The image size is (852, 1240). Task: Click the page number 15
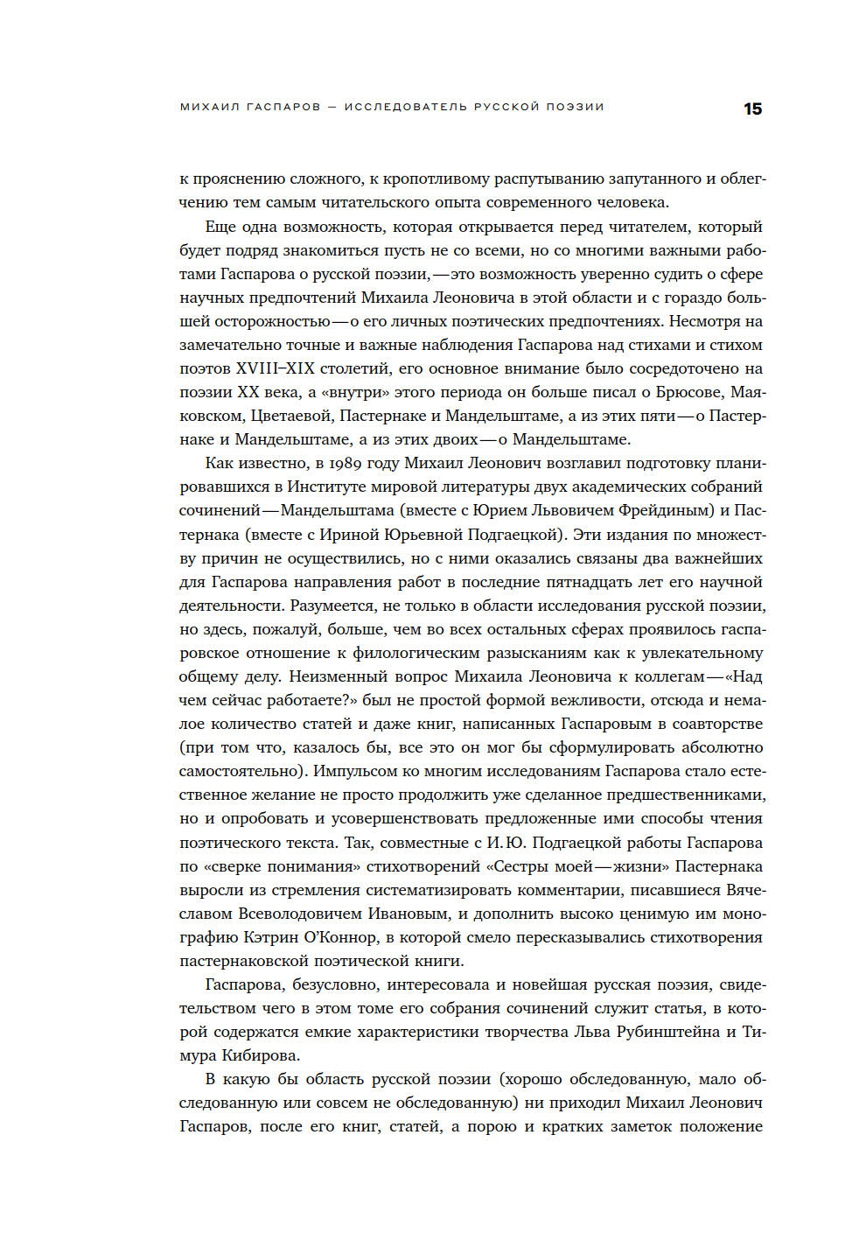click(x=752, y=109)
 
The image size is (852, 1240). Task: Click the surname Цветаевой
click(x=291, y=416)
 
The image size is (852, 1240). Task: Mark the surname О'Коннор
click(x=339, y=937)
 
